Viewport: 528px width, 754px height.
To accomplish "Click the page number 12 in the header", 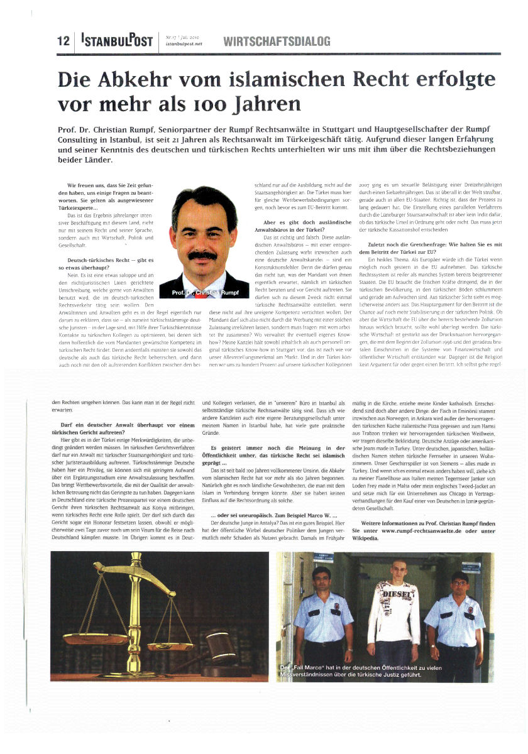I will [62, 41].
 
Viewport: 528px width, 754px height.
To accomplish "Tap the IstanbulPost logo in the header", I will [117, 41].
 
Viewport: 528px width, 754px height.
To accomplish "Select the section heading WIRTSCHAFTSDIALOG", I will [277, 41].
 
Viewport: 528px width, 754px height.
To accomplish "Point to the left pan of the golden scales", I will [99, 640].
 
